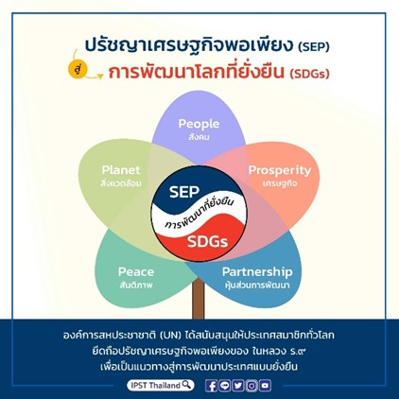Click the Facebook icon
[212, 386]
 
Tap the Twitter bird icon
[238, 386]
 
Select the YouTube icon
[266, 386]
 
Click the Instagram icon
[252, 386]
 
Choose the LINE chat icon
[225, 386]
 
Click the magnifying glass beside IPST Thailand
[187, 385]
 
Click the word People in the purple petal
[199, 124]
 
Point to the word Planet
[121, 170]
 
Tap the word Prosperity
[280, 170]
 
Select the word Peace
[136, 271]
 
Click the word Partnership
[257, 272]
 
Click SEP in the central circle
[184, 192]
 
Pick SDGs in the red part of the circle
[207, 242]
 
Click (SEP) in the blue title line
[313, 46]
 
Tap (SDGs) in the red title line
[309, 74]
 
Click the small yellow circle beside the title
[78, 71]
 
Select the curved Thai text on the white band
[199, 214]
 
